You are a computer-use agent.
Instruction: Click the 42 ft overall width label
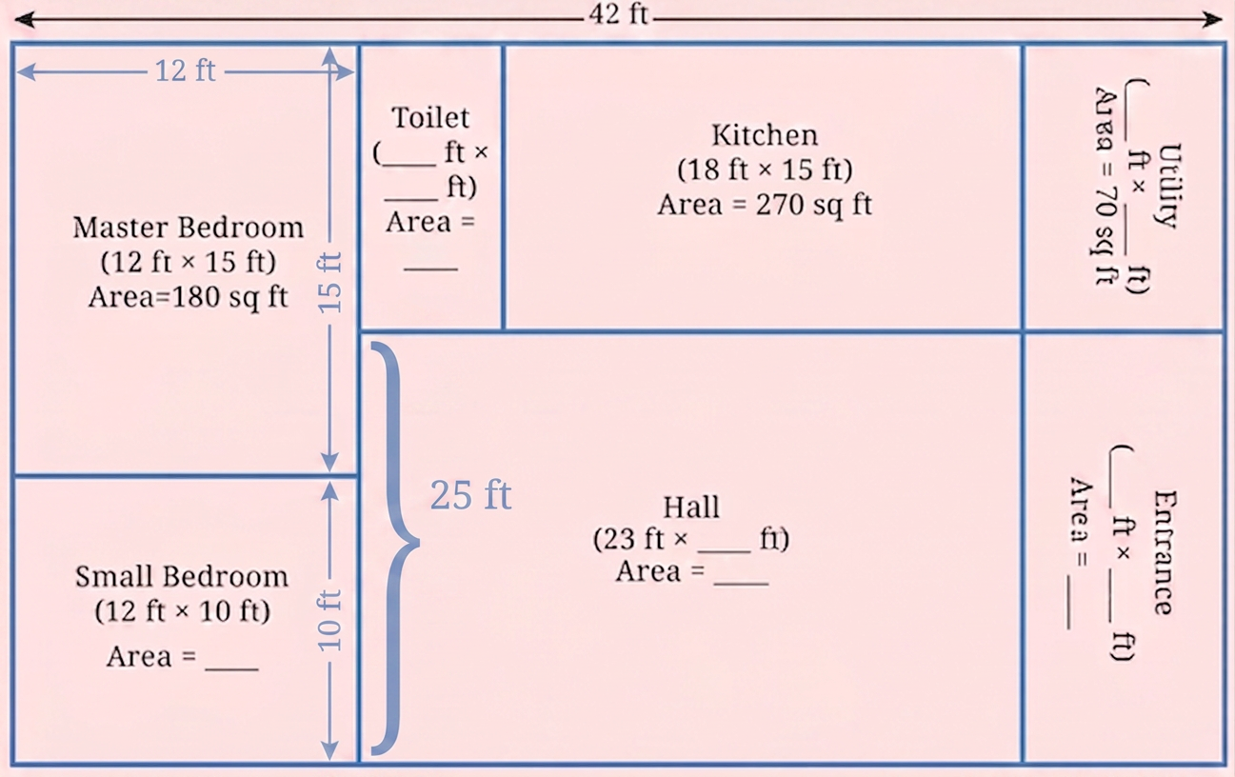(618, 14)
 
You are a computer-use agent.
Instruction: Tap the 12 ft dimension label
(186, 71)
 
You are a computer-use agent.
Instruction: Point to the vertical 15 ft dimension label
(330, 283)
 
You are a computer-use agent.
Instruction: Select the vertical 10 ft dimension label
(330, 621)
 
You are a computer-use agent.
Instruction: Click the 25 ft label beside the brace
(470, 494)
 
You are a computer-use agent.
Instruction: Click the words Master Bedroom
(188, 228)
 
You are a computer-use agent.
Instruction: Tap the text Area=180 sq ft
(188, 297)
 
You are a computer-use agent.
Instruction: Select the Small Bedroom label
(182, 577)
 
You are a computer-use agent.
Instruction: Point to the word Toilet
(430, 117)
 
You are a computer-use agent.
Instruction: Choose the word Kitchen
(765, 135)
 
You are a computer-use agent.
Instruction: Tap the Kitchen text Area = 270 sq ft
(765, 205)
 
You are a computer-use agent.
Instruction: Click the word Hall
(691, 507)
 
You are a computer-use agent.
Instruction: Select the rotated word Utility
(1168, 186)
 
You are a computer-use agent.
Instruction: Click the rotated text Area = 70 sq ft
(1106, 187)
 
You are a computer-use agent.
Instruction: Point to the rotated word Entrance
(1165, 552)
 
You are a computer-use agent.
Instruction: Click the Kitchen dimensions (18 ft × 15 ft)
(765, 169)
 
